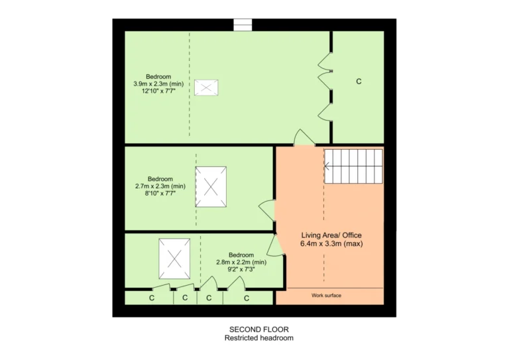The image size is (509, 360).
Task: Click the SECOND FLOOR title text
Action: pos(259,330)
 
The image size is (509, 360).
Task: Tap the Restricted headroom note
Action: pos(259,338)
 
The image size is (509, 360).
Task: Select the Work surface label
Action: pos(326,296)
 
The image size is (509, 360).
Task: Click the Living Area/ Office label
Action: pos(331,235)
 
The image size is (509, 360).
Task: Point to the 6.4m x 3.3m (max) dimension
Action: pos(331,243)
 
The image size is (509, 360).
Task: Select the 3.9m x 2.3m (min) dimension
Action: pos(158,84)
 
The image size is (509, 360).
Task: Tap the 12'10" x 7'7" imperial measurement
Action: pos(158,91)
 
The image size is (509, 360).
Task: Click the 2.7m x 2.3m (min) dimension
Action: pos(160,186)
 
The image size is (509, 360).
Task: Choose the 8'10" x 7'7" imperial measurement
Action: pos(160,194)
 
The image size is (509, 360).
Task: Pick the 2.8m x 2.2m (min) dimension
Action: pos(241,262)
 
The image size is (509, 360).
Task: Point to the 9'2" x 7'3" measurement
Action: pos(241,269)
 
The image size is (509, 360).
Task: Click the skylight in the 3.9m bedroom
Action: pos(206,88)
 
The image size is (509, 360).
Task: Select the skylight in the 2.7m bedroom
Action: pos(211,187)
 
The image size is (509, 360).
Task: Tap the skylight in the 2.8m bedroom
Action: pos(174,259)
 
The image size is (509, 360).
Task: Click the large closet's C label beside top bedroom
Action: pos(359,82)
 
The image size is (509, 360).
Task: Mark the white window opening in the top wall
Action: pos(243,25)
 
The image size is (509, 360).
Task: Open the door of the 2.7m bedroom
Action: pos(268,211)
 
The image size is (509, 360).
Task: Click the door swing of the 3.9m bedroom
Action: pos(304,138)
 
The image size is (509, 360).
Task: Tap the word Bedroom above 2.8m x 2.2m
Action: pos(241,255)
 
